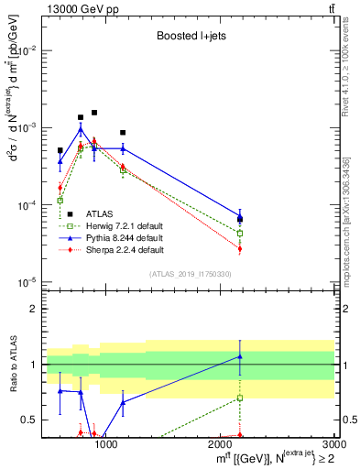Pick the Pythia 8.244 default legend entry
point(114,238)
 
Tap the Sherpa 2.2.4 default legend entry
point(114,250)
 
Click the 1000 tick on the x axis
point(106,444)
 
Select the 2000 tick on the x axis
point(221,444)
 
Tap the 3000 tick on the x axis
point(335,444)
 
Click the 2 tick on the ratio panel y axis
point(34,309)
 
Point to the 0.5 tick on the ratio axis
point(30,420)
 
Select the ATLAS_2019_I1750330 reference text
point(191,274)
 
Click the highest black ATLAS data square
point(93,113)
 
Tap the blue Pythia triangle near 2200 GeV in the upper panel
point(240,216)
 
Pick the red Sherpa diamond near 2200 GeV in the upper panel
point(240,248)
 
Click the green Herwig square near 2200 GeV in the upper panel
point(240,234)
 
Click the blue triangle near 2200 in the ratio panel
point(240,356)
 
